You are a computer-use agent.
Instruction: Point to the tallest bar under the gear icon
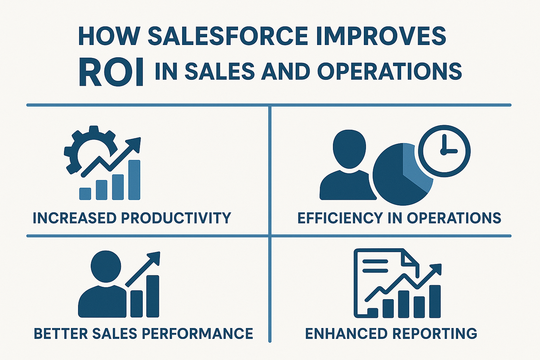[x=134, y=180]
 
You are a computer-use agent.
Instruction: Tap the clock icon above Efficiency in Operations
[x=444, y=151]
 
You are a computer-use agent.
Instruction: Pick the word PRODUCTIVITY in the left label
[x=176, y=218]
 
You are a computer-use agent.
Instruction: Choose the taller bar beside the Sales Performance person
[x=152, y=296]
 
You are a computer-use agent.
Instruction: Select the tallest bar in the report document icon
[x=435, y=301]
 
